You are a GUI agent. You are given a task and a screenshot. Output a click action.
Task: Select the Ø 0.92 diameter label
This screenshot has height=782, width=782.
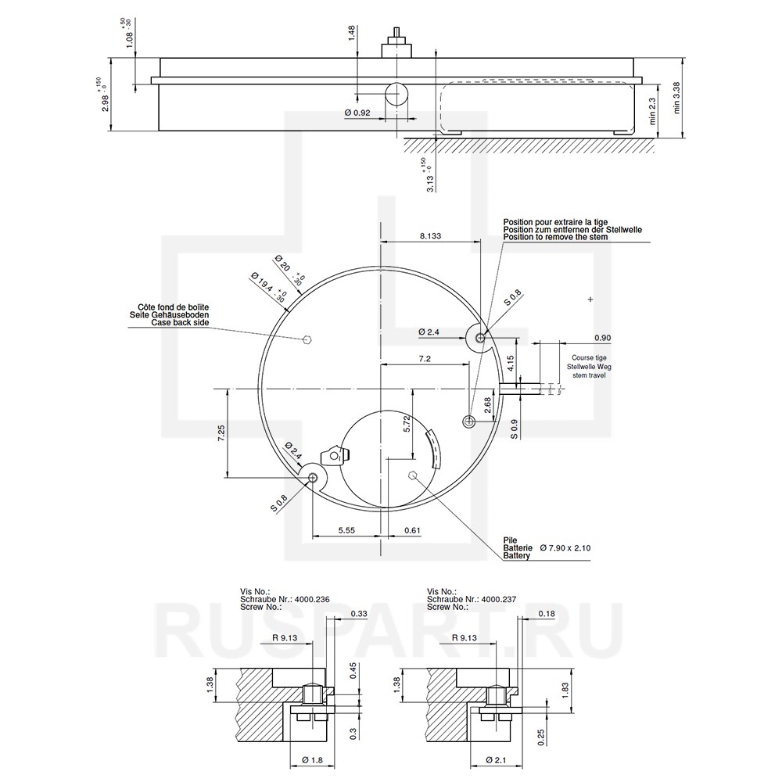357,113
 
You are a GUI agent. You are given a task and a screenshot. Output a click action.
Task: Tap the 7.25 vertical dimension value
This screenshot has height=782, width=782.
221,433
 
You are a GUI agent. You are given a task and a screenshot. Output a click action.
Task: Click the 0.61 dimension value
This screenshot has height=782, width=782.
412,530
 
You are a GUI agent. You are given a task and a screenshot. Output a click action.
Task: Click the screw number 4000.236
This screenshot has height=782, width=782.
312,599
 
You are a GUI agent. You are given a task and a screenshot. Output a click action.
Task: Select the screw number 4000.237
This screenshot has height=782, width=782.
500,599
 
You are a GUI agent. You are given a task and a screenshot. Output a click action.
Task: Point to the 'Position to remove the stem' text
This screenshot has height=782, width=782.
555,237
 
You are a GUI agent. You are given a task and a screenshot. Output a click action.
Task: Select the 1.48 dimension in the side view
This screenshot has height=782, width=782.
353,34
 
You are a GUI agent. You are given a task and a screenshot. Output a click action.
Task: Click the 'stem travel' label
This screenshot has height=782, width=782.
589,375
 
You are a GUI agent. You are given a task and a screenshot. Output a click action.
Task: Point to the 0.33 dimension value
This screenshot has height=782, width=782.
360,613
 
